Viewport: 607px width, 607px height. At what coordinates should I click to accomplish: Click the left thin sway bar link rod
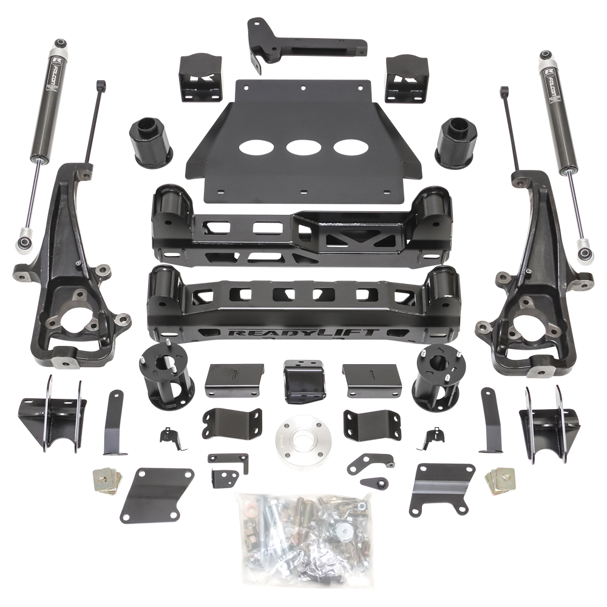point(95,121)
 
